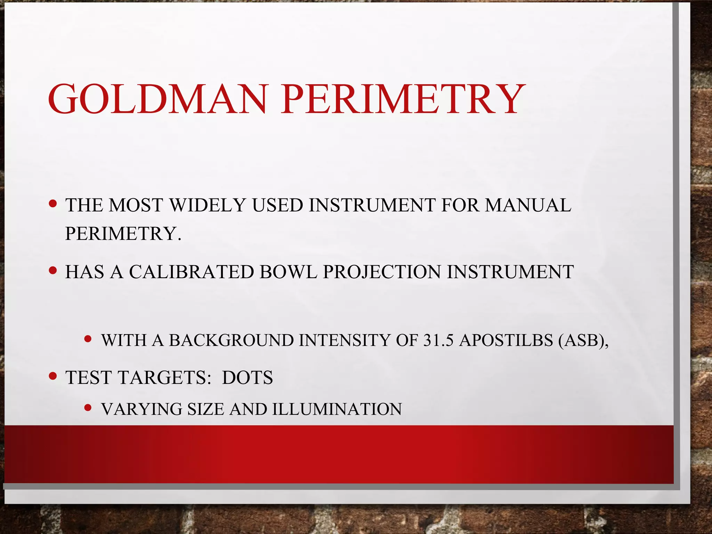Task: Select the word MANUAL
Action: point(528,205)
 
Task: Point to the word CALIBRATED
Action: point(192,272)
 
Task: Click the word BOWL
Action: point(288,272)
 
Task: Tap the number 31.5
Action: point(438,340)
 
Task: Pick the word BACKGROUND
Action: point(232,340)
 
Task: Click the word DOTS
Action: point(248,378)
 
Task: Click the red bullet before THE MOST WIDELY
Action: point(53,203)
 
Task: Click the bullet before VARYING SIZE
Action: point(88,407)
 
